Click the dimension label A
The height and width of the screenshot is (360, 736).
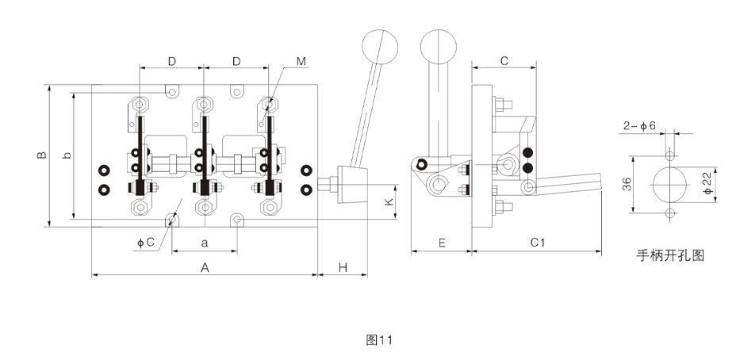(205, 267)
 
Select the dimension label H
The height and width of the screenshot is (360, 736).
(343, 267)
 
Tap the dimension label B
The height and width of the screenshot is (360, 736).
(42, 155)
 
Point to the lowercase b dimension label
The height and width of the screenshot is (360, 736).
(67, 155)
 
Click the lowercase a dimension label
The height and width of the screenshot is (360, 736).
(204, 243)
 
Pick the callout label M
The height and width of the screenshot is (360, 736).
(301, 62)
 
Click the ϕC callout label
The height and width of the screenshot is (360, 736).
(145, 243)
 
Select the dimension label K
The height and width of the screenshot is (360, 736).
(389, 202)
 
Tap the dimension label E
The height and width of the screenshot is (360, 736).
(442, 243)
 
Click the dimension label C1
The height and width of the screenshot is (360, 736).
(538, 243)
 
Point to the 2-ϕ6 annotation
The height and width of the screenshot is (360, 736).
(639, 126)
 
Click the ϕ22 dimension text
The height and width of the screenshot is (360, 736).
(708, 184)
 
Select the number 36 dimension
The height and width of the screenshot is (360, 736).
(627, 184)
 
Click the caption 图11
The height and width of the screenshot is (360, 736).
(379, 340)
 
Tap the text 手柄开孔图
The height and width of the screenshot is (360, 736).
(670, 255)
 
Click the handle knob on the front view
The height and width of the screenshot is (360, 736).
(380, 47)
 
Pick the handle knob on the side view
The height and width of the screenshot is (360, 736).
(439, 47)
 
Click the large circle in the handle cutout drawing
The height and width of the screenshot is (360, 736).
(670, 184)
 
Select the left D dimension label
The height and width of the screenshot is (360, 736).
(172, 62)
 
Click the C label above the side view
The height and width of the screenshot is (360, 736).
(504, 61)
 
